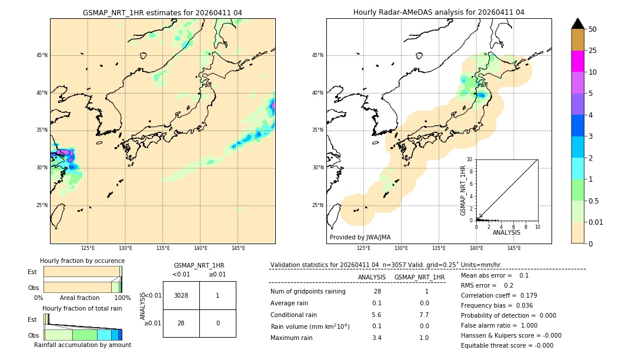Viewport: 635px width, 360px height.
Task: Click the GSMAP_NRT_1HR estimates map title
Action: pyautogui.click(x=162, y=12)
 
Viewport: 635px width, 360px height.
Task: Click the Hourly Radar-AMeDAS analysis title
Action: pyautogui.click(x=439, y=12)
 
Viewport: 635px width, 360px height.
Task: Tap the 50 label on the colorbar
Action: pyautogui.click(x=593, y=29)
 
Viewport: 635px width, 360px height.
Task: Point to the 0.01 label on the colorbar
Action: pyautogui.click(x=596, y=222)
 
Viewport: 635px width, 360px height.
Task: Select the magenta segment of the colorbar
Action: pyautogui.click(x=577, y=61)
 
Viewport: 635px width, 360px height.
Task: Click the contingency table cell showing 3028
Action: pyautogui.click(x=181, y=295)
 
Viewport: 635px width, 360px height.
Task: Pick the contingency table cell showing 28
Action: pyautogui.click(x=181, y=323)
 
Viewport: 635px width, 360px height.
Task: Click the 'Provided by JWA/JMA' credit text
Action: pyautogui.click(x=360, y=238)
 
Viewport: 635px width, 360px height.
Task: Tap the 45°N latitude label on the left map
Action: pyautogui.click(x=42, y=55)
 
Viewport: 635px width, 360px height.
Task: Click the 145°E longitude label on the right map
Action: pyautogui.click(x=514, y=248)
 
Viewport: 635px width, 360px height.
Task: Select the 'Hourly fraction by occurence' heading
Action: pyautogui.click(x=82, y=261)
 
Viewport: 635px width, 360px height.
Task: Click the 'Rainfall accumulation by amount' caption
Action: pyautogui.click(x=82, y=345)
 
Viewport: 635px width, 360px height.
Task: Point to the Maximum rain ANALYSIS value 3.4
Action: pyautogui.click(x=377, y=338)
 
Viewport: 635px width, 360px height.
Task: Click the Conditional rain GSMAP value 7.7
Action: pyautogui.click(x=424, y=315)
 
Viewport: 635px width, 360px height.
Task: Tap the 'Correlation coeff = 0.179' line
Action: pyautogui.click(x=499, y=295)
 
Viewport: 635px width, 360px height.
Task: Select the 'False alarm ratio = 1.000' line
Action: pyautogui.click(x=499, y=325)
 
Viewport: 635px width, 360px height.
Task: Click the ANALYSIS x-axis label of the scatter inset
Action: pyautogui.click(x=506, y=232)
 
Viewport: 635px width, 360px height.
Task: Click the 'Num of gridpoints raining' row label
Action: pyautogui.click(x=308, y=291)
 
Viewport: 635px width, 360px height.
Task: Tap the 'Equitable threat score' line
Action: pyautogui.click(x=507, y=345)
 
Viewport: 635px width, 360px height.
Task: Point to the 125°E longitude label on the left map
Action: pyautogui.click(x=88, y=248)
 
